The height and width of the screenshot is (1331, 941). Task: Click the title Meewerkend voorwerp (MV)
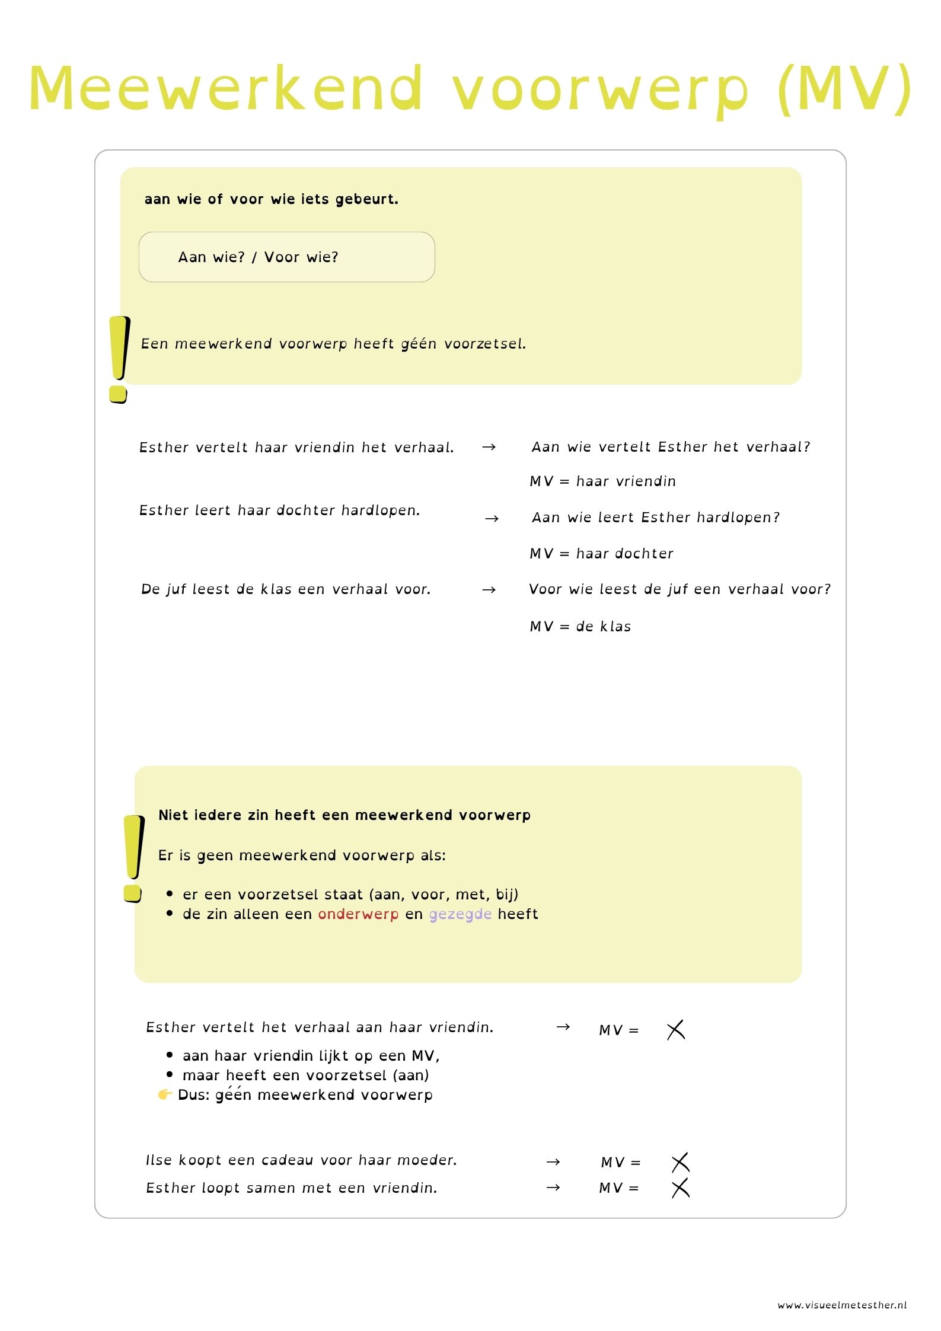[470, 89]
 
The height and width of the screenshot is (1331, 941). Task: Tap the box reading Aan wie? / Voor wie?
[286, 257]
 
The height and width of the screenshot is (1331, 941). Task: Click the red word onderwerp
[358, 914]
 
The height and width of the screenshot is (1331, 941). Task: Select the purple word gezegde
[460, 914]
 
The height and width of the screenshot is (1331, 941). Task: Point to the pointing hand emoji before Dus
[165, 1094]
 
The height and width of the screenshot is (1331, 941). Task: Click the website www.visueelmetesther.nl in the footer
[842, 1305]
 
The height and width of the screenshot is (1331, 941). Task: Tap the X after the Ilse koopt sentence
[680, 1163]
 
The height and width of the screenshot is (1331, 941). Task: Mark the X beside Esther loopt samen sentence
[680, 1188]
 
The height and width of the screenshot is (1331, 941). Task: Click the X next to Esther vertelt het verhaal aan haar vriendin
[675, 1030]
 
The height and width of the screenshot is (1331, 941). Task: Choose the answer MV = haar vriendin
[602, 481]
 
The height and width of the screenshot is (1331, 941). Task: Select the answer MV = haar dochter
[601, 554]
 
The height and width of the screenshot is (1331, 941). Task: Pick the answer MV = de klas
[580, 627]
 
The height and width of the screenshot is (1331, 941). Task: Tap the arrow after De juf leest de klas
[489, 590]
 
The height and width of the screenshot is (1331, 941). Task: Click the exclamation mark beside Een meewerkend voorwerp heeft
[119, 359]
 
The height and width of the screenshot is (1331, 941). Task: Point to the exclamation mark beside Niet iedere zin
[133, 858]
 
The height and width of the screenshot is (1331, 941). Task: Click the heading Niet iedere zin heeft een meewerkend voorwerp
[344, 815]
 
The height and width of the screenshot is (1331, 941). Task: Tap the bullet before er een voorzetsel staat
[170, 894]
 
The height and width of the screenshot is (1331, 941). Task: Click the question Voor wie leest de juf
[680, 589]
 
